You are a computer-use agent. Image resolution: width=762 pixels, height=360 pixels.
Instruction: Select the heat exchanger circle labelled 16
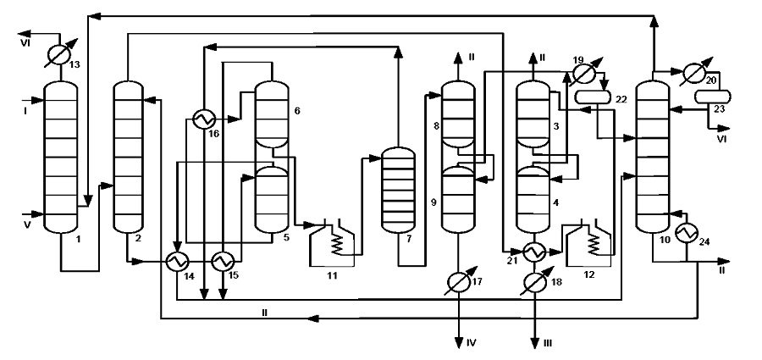pos(202,119)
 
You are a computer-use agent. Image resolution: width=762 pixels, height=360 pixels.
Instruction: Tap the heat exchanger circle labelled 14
pos(176,262)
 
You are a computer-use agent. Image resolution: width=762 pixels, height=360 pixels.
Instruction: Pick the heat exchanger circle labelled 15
pos(222,262)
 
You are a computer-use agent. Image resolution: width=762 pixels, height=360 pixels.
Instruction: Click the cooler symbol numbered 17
pos(459,280)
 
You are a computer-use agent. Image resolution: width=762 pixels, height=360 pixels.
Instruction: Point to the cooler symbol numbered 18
pos(533,280)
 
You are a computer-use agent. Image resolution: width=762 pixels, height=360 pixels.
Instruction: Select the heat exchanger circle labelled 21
pos(533,252)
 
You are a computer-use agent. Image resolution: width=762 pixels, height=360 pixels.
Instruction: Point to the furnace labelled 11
pos(333,242)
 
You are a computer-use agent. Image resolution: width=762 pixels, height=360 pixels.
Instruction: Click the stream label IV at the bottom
pos(472,343)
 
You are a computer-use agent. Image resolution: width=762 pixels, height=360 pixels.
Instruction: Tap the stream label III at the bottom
pos(548,343)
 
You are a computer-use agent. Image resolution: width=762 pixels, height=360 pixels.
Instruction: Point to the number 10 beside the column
pos(665,240)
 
